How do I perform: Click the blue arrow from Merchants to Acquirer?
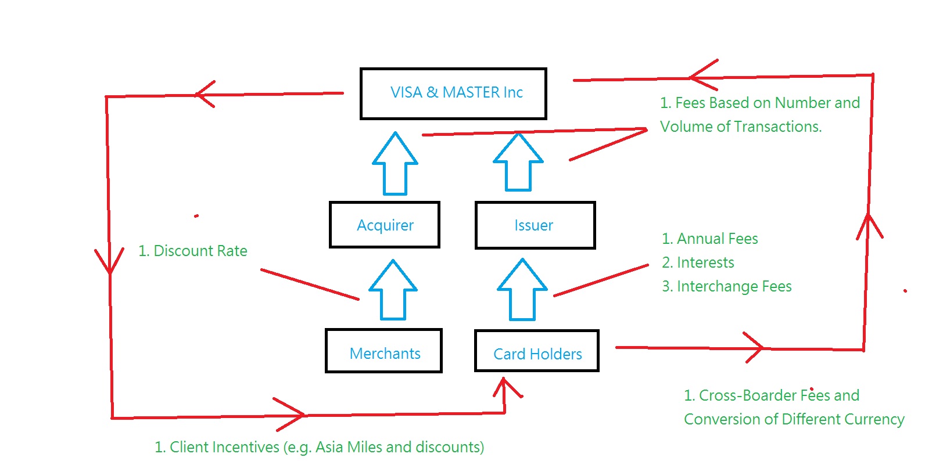pos(393,290)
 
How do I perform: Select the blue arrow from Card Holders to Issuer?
pos(522,290)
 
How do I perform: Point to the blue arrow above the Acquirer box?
pos(395,163)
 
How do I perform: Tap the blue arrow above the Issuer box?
pos(518,162)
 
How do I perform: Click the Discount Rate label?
pos(193,251)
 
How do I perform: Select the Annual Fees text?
pos(710,239)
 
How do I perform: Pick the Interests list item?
pos(698,262)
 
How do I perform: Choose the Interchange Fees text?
pos(727,286)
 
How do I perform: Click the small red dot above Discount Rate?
pos(196,216)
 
